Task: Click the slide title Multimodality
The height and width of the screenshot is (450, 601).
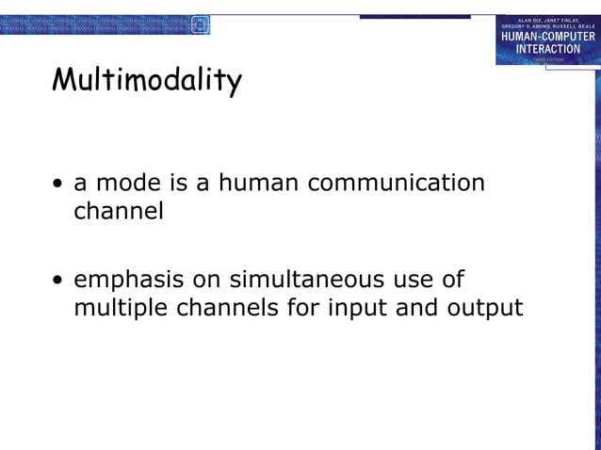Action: (x=146, y=81)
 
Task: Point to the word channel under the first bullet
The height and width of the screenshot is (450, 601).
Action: (x=119, y=211)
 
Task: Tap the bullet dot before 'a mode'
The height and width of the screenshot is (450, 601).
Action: (x=59, y=184)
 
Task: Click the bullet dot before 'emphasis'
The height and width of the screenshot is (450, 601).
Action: (x=59, y=281)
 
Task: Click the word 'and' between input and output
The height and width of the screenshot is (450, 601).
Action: (x=414, y=308)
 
